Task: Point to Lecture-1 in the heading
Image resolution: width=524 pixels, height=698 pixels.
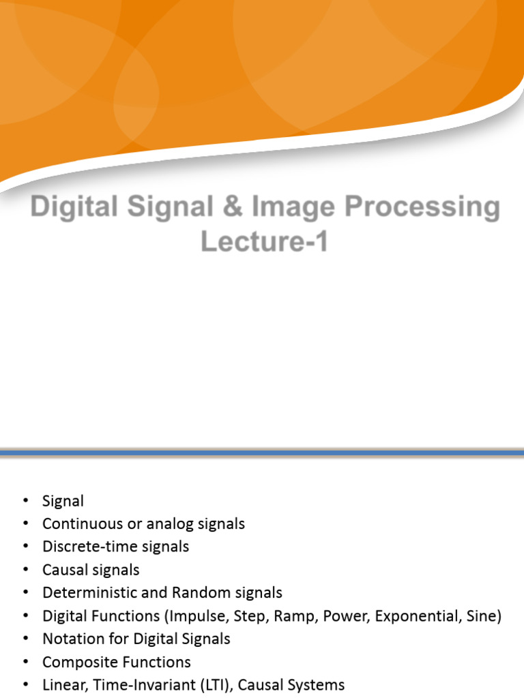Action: point(264,241)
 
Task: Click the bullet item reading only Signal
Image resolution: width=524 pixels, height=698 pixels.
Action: point(63,501)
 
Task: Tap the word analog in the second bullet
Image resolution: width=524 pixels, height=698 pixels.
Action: point(164,523)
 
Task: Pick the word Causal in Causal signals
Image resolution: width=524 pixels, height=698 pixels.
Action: point(63,570)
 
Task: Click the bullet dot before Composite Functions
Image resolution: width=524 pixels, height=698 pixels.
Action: point(26,663)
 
